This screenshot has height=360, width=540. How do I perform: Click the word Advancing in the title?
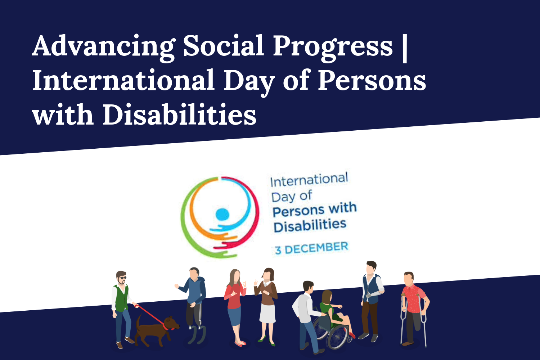click(104, 48)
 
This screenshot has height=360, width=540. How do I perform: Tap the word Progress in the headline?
click(333, 48)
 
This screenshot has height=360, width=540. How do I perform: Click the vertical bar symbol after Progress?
click(405, 48)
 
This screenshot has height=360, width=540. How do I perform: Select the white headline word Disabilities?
click(180, 114)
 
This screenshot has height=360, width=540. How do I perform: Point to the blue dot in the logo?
click(222, 214)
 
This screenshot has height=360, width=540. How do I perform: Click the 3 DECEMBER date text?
click(312, 248)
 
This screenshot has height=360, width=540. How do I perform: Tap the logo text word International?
click(309, 179)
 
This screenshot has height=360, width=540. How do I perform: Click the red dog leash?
click(152, 316)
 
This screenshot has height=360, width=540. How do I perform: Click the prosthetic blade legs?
click(197, 334)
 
